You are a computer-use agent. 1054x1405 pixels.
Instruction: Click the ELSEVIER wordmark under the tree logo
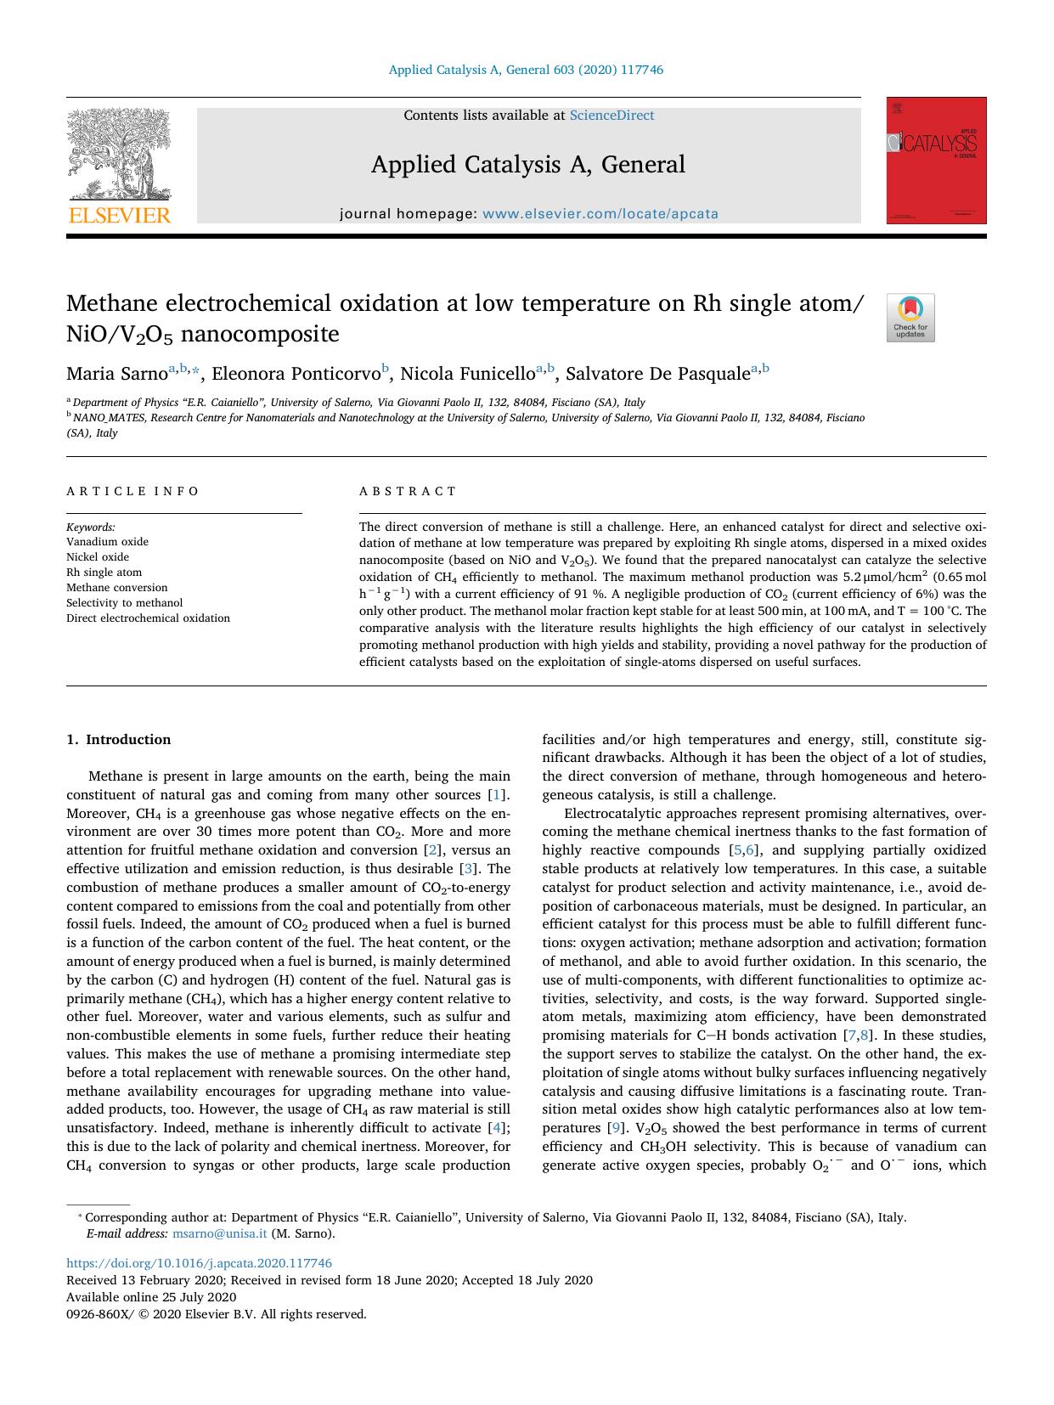coord(119,216)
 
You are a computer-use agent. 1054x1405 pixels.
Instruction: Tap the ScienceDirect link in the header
coord(612,116)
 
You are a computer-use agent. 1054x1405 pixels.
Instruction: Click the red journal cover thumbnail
coord(936,161)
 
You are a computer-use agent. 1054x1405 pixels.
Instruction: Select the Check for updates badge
coord(910,318)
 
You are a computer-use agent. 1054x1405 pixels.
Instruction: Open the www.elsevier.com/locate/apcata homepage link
coord(600,214)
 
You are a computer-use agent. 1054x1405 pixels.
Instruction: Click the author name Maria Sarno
coord(116,374)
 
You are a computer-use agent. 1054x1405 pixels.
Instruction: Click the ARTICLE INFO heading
coord(132,491)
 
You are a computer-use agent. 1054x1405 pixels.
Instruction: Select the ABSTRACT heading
coord(408,491)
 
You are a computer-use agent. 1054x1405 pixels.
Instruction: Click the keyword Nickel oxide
coord(98,557)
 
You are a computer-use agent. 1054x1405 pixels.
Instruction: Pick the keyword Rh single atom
coord(104,573)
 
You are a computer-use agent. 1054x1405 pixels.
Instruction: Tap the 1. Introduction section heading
coord(119,740)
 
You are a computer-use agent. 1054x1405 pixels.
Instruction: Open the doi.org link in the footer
coord(199,1263)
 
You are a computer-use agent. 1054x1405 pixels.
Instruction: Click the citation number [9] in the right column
coord(617,1128)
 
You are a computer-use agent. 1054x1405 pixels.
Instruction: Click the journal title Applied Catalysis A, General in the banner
coord(527,165)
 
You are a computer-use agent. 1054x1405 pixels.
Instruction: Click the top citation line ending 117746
coord(526,70)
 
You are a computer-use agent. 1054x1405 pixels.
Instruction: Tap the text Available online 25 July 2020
coord(151,1297)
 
